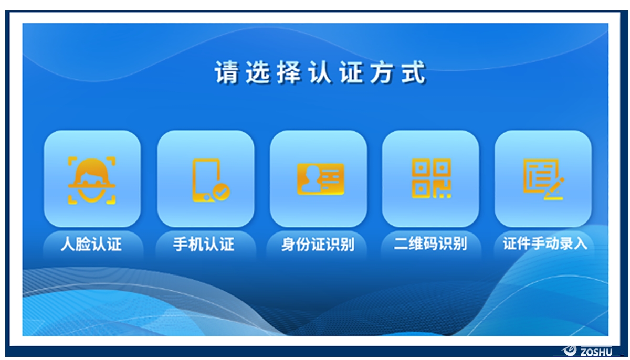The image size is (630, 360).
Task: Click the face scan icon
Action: [92, 180]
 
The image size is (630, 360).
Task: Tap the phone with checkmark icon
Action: [211, 180]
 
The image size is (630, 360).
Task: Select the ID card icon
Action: [321, 179]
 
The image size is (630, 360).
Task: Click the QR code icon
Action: [432, 178]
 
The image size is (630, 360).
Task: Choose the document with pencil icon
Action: [544, 179]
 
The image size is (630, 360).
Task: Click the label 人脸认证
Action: [91, 243]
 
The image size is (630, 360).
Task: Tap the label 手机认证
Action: [204, 243]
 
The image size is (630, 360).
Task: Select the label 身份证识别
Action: [318, 244]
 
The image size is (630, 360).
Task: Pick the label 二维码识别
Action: [430, 243]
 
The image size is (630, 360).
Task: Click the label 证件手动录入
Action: [545, 243]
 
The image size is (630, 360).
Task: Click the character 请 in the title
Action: [227, 72]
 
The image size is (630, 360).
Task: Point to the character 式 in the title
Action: [414, 72]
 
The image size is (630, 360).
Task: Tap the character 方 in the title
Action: [382, 72]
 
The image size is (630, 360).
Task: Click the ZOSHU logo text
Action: [596, 352]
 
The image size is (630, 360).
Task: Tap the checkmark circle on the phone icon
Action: [222, 192]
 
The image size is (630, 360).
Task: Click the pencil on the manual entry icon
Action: [554, 188]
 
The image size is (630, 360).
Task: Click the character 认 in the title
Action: [320, 72]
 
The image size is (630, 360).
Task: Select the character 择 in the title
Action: [289, 72]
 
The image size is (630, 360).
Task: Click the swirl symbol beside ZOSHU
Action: [570, 351]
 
